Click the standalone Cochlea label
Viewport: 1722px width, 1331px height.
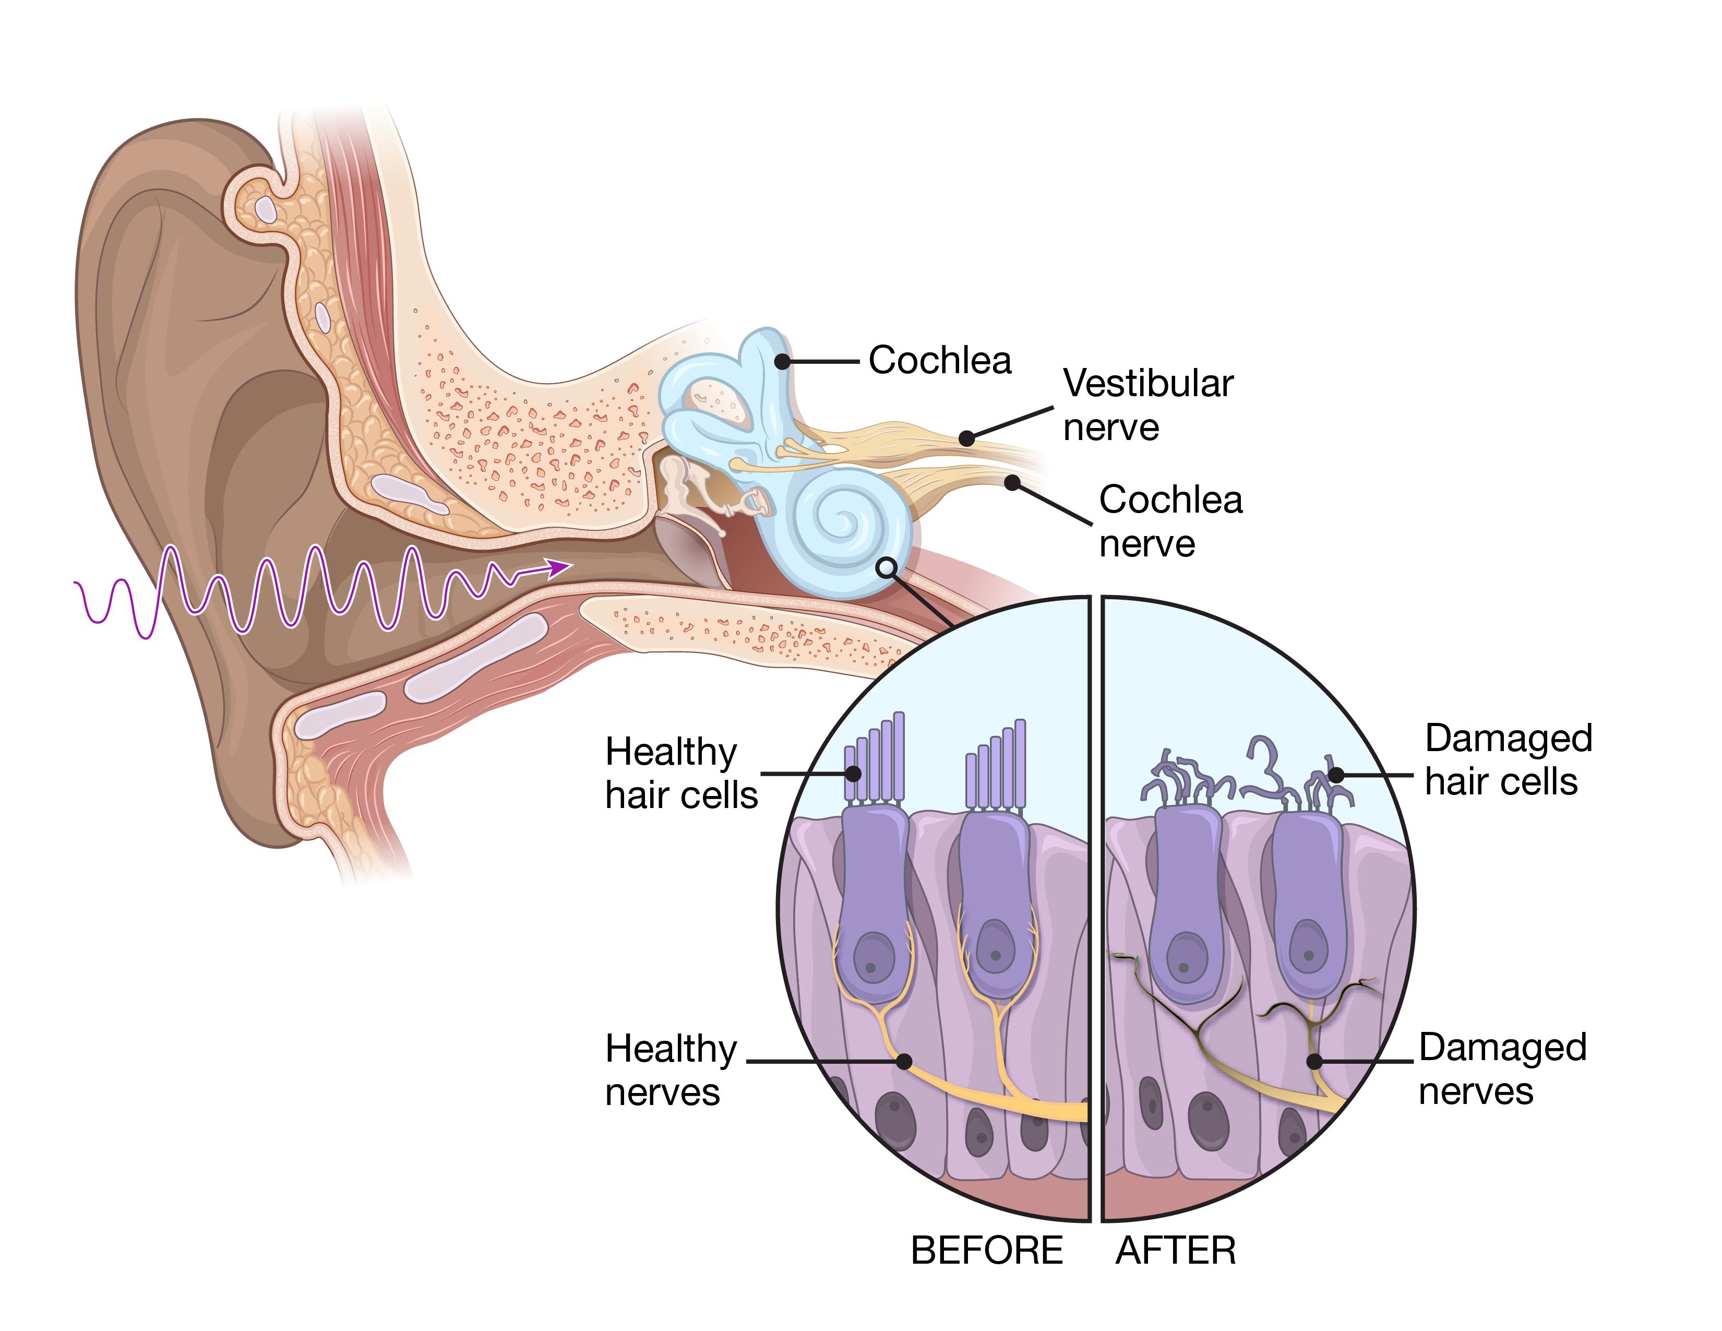coord(940,361)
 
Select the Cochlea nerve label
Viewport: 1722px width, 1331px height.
coord(1170,521)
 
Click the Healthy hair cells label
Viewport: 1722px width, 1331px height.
coord(680,774)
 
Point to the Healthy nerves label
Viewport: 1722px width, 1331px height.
coord(670,1070)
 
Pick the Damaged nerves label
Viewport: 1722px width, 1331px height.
coord(1502,1069)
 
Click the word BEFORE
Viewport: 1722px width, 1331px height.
coord(986,1251)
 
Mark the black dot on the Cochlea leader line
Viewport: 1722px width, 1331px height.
coord(782,362)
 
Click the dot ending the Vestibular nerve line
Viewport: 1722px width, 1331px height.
coord(966,438)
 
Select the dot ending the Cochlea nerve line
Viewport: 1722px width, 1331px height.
coord(1012,483)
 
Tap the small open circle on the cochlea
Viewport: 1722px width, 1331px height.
coord(886,567)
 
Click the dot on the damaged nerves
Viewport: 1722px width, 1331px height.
coord(1314,1061)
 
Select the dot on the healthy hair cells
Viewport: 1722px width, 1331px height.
coord(853,774)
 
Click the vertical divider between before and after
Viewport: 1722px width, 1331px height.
coord(1096,907)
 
